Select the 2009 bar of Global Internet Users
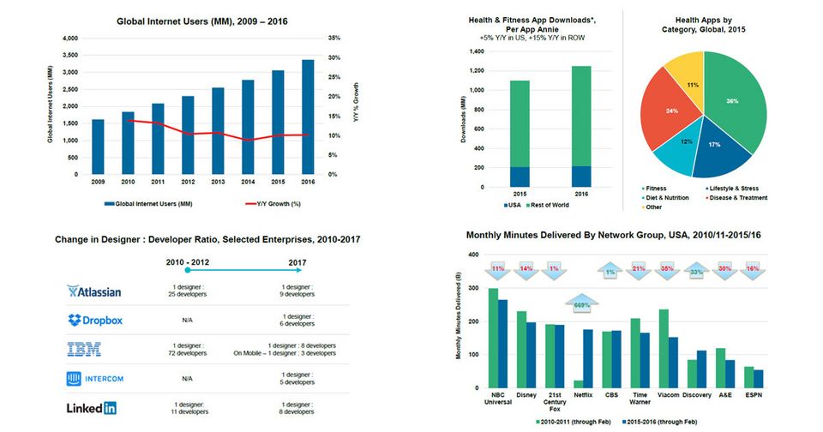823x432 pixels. (98, 147)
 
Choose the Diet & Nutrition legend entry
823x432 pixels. (665, 198)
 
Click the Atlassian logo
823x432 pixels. (94, 291)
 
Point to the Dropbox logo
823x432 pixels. (94, 320)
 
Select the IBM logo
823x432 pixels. (84, 349)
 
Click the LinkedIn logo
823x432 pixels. (92, 408)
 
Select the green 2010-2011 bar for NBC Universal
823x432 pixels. (493, 338)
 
